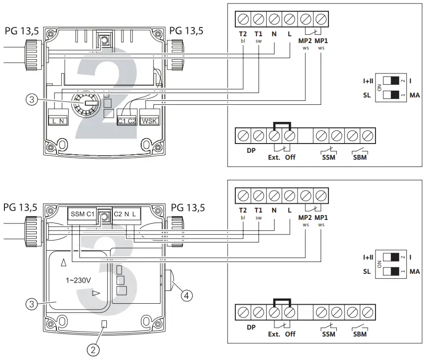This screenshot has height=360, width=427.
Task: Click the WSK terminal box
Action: pos(150,120)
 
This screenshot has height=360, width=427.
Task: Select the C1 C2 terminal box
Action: pos(126,120)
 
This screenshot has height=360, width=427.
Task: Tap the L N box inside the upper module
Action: pos(57,120)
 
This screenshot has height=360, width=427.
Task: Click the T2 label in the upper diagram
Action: pos(243,34)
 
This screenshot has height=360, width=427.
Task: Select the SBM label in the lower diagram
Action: pos(360,334)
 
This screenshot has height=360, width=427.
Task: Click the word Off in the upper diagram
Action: pos(290,157)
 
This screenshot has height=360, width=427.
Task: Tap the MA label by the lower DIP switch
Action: pos(414,271)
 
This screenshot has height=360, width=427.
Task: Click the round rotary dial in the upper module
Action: pos(86,103)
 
